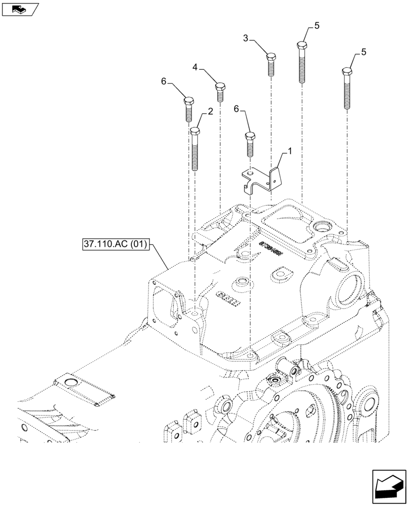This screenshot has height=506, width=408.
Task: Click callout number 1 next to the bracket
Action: point(289,151)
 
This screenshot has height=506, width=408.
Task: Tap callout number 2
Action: point(210,110)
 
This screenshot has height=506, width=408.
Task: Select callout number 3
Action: point(245,38)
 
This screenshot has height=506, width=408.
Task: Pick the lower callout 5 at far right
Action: point(364,52)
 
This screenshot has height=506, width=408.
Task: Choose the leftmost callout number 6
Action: point(164,81)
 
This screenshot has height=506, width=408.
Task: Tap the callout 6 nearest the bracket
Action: point(236,108)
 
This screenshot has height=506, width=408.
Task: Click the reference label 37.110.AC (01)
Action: point(115,245)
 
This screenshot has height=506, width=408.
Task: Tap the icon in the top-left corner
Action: point(20,9)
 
